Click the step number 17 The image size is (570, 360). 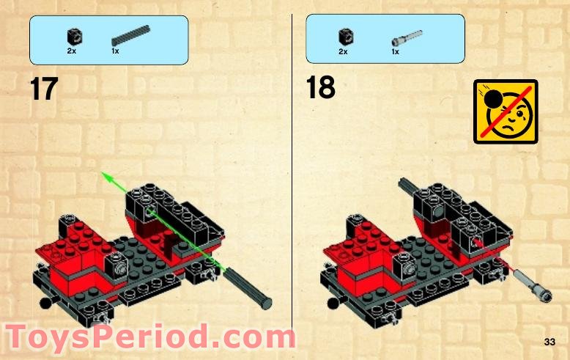click(x=43, y=89)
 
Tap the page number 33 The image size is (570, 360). click(x=549, y=342)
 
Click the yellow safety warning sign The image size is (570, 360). click(x=505, y=111)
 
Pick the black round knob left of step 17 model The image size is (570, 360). click(x=45, y=303)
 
